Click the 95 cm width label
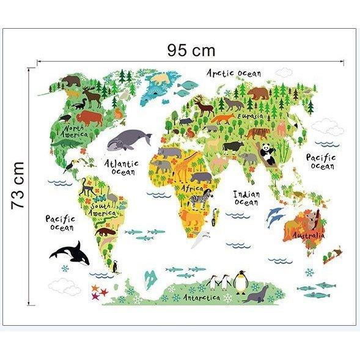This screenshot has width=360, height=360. coord(191,50)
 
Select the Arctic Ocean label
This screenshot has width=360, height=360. coord(233,74)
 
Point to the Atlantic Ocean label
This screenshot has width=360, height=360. coord(121,167)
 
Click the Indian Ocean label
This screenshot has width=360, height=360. coord(247,198)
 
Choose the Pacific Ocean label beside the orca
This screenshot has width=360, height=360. coord(60,222)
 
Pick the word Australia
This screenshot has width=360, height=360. coord(307,235)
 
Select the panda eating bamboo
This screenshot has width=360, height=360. coord(269,153)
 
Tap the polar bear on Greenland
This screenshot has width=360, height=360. coord(161,79)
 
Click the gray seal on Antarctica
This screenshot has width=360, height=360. coord(255,295)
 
